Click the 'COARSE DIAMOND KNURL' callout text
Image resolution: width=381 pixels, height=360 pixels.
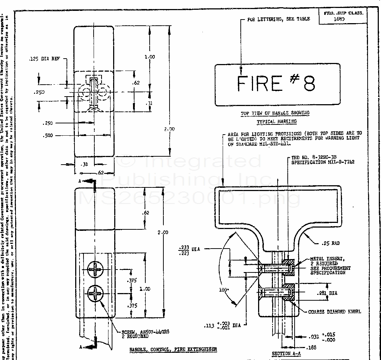(334, 311)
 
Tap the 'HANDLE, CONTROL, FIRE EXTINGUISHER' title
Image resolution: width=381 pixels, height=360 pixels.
(173, 349)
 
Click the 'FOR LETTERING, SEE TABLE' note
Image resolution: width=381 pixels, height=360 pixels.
(278, 19)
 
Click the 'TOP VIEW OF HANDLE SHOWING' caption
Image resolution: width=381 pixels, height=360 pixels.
(275, 113)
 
